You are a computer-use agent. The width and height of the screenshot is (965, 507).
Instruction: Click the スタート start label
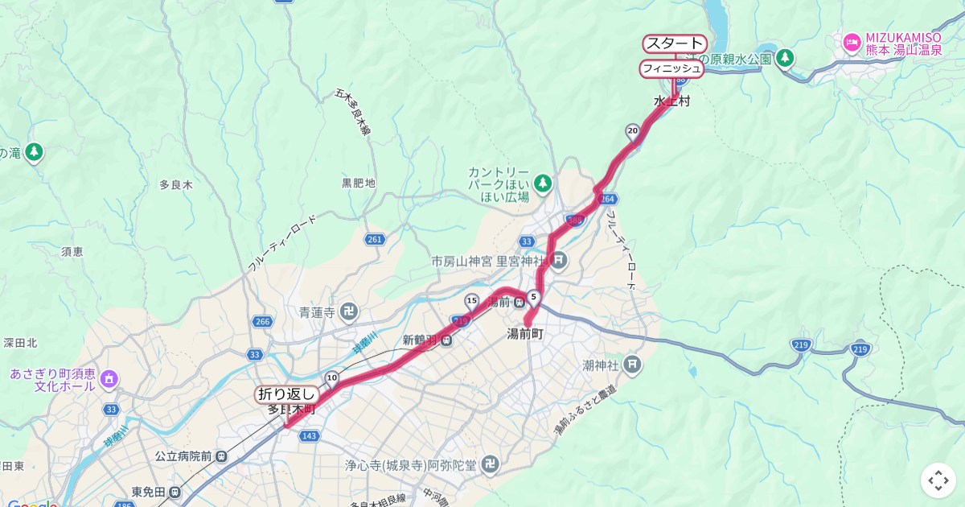[x=675, y=43]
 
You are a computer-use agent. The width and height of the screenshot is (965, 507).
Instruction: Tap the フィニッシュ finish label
[x=671, y=69]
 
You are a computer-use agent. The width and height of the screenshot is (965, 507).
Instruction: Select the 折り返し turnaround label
[x=286, y=394]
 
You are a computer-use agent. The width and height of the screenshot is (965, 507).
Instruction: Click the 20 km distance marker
[x=632, y=130]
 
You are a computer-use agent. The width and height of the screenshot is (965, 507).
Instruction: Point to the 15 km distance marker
[x=471, y=301]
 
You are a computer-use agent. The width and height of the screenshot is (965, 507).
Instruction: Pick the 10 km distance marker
[x=331, y=377]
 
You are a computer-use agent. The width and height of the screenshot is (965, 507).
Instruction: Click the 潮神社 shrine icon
[x=633, y=365]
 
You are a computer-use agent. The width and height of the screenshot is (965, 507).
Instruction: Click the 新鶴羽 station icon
[x=446, y=340]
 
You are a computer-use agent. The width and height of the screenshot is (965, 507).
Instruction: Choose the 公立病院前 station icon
[x=221, y=455]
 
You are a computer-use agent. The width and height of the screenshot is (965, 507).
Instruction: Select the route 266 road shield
[x=262, y=322]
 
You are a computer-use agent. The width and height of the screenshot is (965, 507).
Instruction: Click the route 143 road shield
[x=309, y=435]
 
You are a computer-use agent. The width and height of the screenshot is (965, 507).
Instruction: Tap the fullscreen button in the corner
[x=938, y=480]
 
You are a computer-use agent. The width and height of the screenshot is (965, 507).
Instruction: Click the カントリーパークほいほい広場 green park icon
[x=544, y=182]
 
